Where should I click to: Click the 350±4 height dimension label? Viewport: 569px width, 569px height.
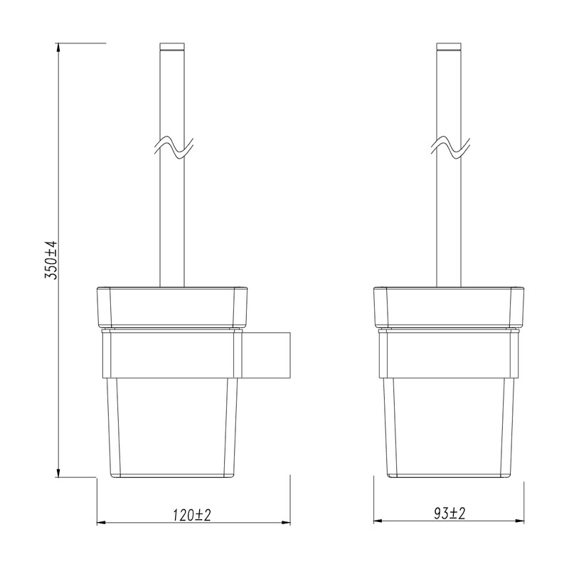click(x=50, y=260)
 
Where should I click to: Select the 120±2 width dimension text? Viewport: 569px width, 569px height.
click(x=191, y=514)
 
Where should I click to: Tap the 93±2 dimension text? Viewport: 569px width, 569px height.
click(x=450, y=513)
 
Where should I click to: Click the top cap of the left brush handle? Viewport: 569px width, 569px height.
click(x=172, y=47)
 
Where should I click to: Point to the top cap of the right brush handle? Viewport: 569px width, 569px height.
click(x=449, y=47)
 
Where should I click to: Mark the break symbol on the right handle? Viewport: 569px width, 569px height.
click(x=450, y=148)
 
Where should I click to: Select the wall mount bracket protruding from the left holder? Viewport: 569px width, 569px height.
click(x=266, y=354)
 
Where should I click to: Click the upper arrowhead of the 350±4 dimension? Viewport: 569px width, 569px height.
click(x=58, y=48)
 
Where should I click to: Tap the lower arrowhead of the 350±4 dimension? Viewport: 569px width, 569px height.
click(x=58, y=472)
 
